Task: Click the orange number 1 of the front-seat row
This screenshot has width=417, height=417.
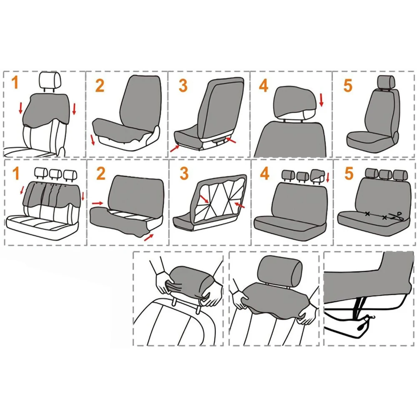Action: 15,82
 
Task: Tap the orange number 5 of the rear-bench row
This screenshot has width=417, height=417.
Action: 348,174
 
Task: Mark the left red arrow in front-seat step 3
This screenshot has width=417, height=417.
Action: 175,147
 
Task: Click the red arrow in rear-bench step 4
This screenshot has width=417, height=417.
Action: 328,178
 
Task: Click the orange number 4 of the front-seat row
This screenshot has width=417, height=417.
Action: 264,85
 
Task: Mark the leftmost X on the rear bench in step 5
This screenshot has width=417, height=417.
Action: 367,214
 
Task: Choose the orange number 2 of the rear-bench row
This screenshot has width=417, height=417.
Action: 100,173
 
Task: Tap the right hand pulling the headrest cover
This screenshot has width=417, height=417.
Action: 213,298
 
